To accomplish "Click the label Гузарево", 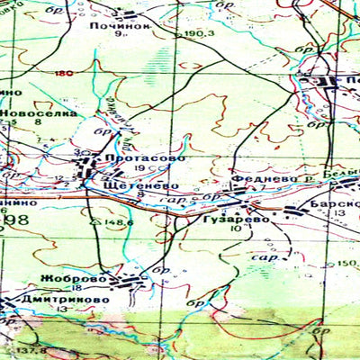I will pos(237,219).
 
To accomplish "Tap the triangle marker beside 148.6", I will pos(95,220).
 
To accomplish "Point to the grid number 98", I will pos(16,220).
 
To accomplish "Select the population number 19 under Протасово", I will pos(139,169).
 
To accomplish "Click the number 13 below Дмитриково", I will pos(61,309).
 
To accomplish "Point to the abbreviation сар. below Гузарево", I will pos(266,257).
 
